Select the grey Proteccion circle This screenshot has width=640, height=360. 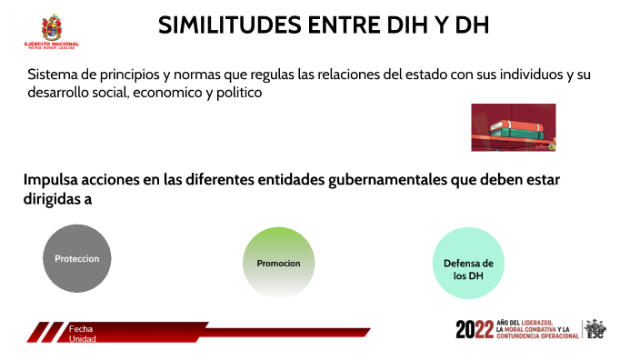[77, 258]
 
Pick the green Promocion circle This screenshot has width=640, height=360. [278, 263]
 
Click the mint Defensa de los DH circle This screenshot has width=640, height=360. [467, 263]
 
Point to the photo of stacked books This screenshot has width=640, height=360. [513, 127]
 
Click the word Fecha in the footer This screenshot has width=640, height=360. [81, 328]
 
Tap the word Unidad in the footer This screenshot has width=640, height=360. [83, 339]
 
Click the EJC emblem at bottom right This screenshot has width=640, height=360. [595, 329]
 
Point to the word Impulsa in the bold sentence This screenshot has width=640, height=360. [53, 180]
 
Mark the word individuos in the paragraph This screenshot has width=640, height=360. [522, 75]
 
